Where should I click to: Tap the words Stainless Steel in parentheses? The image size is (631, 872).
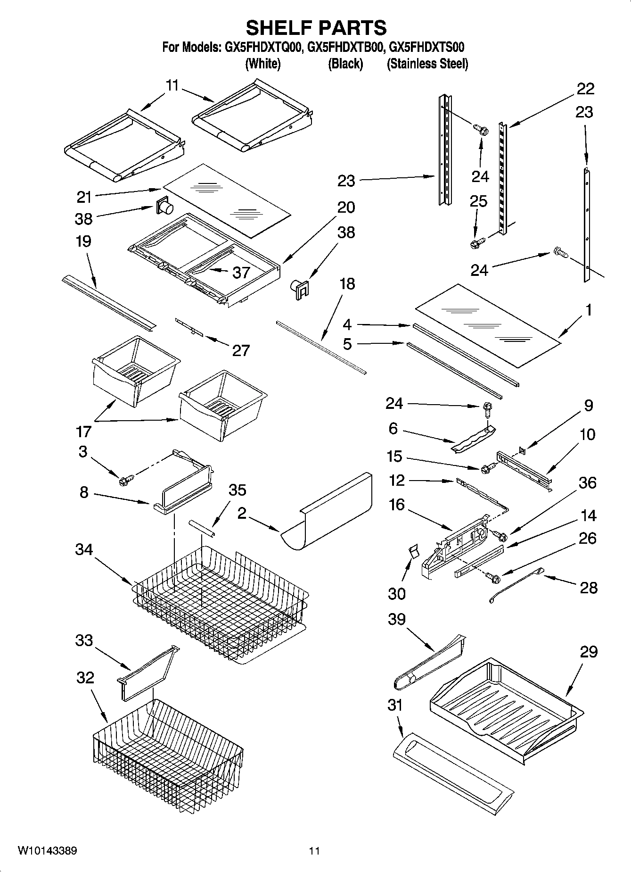(x=427, y=64)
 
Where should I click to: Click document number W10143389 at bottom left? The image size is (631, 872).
(x=48, y=850)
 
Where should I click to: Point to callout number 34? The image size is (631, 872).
(x=84, y=549)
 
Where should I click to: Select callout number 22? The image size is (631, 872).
(x=585, y=88)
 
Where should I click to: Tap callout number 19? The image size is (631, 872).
(x=83, y=241)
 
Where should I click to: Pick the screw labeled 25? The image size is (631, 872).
(x=475, y=243)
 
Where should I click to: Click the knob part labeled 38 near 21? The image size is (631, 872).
(x=164, y=206)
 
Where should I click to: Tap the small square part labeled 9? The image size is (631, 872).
(x=522, y=450)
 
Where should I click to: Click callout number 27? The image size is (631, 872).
(x=240, y=350)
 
